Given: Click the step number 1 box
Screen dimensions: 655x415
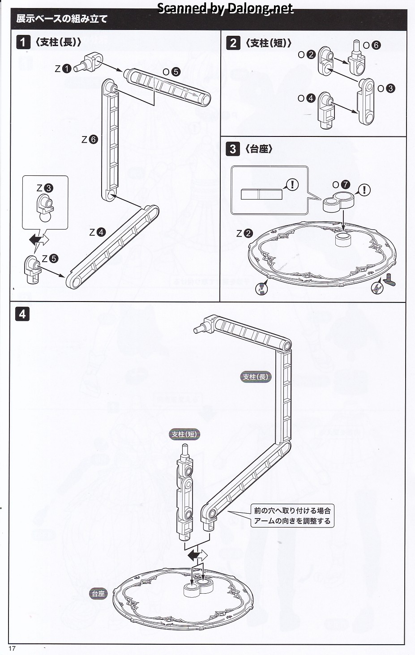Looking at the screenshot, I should [x=23, y=43].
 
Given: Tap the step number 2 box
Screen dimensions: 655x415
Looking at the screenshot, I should [x=233, y=43].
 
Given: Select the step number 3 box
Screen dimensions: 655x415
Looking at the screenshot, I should [x=233, y=149].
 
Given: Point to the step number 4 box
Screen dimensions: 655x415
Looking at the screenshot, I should [x=22, y=314].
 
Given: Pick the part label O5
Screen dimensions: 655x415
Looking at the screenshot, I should [x=171, y=72].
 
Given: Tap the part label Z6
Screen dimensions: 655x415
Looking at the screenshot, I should [x=90, y=140].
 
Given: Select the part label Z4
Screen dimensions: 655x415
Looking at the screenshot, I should [x=97, y=232].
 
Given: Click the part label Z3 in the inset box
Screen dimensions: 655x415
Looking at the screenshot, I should [x=45, y=188].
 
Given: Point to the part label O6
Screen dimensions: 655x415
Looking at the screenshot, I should [x=371, y=45].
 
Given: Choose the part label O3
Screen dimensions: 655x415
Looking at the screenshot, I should [x=386, y=89].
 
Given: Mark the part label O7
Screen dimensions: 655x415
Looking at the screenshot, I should [x=341, y=185].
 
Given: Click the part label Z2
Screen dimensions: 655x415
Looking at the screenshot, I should [x=244, y=234].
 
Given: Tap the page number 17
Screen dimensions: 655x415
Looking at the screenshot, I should [x=12, y=649].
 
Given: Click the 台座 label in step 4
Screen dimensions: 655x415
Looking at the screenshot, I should [x=98, y=594].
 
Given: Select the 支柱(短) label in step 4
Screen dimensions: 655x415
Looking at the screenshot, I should [x=184, y=434].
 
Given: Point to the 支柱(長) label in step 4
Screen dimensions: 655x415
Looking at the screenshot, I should [x=256, y=377].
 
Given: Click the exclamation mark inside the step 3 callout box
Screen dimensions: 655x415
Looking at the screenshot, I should [x=292, y=184].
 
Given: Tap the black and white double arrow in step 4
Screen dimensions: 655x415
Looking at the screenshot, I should [x=197, y=556].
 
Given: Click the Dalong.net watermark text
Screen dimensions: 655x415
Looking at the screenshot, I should [x=226, y=8].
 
